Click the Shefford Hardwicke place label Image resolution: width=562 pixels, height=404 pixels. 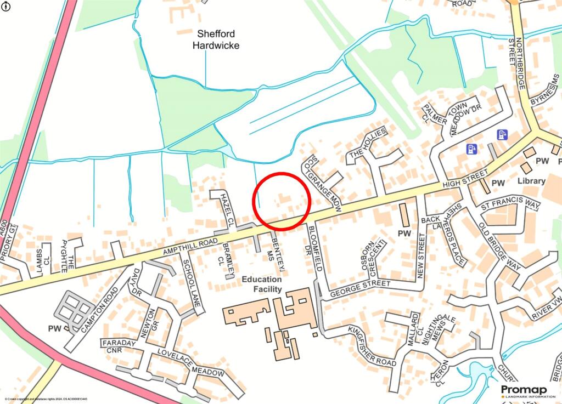[216, 39]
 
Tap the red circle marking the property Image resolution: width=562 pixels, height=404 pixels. [282, 201]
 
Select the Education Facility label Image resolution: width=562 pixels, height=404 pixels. [262, 284]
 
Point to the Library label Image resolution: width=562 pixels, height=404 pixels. [531, 181]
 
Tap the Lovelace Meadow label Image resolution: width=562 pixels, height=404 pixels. [190, 363]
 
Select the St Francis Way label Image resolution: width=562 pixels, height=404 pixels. [510, 206]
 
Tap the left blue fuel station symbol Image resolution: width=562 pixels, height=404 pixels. [471, 149]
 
